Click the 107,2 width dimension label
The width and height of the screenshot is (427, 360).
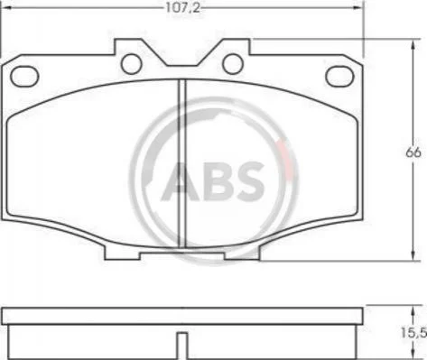(x=182, y=8)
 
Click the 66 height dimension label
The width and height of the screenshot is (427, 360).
(x=413, y=152)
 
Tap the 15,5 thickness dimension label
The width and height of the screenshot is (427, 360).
(x=413, y=332)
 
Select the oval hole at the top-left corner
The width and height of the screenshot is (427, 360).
(x=24, y=76)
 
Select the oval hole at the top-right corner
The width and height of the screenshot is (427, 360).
(x=339, y=76)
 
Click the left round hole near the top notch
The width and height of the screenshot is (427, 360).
(x=131, y=64)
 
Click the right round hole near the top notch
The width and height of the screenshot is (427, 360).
(x=233, y=64)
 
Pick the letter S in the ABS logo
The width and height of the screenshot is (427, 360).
(x=248, y=181)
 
